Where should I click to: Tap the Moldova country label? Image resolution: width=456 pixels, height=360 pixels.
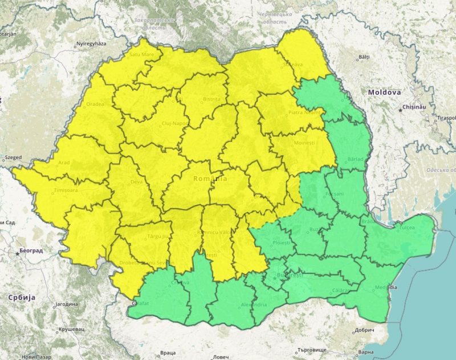click(384, 92)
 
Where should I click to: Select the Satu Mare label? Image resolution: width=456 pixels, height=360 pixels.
click(142, 55)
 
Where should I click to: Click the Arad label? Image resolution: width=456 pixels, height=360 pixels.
click(63, 162)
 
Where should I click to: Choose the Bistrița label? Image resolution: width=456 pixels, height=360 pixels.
click(211, 99)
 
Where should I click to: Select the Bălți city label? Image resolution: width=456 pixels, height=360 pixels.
click(364, 58)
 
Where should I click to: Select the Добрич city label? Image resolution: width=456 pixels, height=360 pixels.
click(365, 330)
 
